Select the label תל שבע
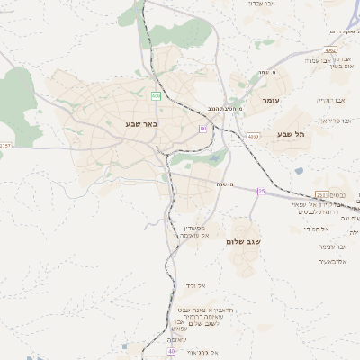pyautogui.click(x=291, y=134)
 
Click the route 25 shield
pyautogui.click(x=262, y=192)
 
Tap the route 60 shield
pyautogui.click(x=203, y=129)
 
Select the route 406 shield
pyautogui.click(x=156, y=94)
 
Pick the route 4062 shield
pyautogui.click(x=332, y=50)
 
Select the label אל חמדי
pyautogui.click(x=310, y=229)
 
